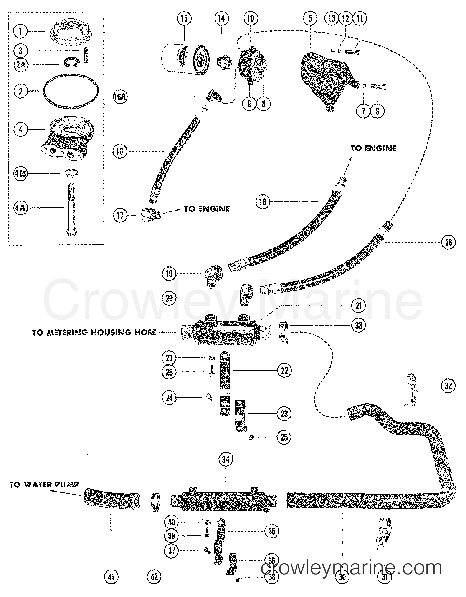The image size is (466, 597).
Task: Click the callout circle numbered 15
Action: coord(184,18)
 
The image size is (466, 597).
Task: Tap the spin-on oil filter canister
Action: coord(186,59)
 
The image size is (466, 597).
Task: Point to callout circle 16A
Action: coord(120,97)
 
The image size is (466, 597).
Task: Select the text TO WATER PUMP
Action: coord(44,484)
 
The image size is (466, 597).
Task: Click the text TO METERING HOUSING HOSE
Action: coord(94,332)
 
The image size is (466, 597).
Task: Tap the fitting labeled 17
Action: coord(152,215)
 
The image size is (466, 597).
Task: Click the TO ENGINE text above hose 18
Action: coord(373,148)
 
